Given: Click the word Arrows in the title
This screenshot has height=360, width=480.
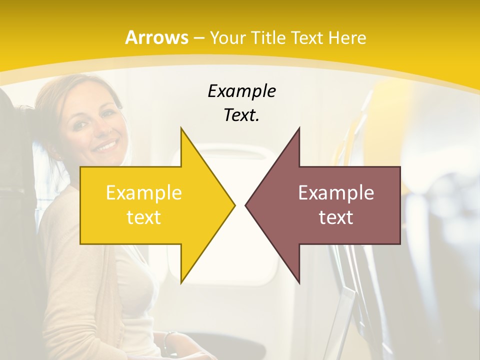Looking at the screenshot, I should click(156, 37).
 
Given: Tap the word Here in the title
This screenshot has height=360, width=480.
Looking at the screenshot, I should click(347, 38).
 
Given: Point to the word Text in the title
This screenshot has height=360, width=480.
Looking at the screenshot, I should click(308, 38).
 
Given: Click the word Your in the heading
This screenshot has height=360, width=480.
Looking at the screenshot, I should click(227, 38).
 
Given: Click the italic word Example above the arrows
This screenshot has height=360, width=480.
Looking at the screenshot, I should click(241, 91).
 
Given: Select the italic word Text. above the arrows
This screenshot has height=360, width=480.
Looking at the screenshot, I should click(241, 115).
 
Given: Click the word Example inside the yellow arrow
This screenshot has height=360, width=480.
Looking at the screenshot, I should click(144, 193).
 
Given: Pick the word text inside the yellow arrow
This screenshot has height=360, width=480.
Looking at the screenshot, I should click(144, 217).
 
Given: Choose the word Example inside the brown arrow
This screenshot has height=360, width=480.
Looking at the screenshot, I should click(336, 193).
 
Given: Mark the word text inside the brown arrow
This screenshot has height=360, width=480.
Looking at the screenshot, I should click(336, 217).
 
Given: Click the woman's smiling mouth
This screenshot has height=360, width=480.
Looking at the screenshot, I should click(106, 146).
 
